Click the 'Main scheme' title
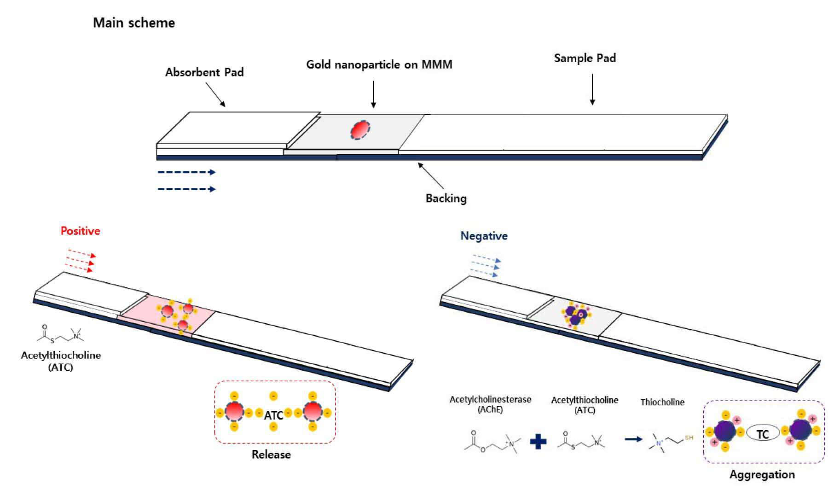[134, 23]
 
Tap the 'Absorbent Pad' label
[204, 72]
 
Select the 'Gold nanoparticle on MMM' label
[379, 64]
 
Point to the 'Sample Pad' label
[585, 58]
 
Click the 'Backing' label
[446, 198]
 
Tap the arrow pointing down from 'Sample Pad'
[592, 89]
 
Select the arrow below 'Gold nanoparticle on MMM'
[373, 94]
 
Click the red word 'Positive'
[81, 231]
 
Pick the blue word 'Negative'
[484, 236]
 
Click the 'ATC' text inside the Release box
[273, 415]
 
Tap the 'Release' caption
[271, 455]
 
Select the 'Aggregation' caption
[762, 475]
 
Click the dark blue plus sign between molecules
[538, 441]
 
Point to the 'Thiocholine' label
[662, 403]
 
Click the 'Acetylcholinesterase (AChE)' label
[490, 404]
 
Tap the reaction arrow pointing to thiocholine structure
[633, 439]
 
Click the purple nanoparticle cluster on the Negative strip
[576, 315]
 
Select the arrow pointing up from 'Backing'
[431, 175]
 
